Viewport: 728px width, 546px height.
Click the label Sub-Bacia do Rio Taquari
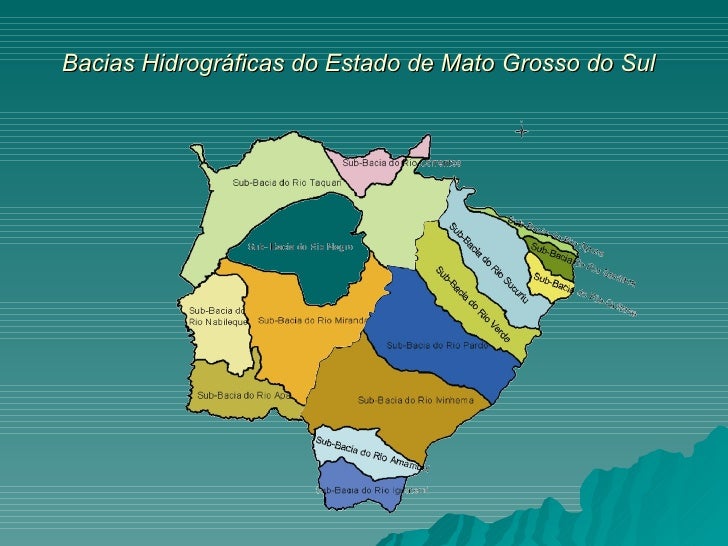click(287, 183)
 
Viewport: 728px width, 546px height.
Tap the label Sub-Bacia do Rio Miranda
click(312, 321)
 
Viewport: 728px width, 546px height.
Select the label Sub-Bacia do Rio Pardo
click(437, 345)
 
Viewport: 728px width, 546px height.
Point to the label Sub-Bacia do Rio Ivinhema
click(410, 401)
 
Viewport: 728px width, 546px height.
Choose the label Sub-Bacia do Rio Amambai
click(370, 453)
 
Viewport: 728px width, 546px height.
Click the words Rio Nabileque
click(217, 321)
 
